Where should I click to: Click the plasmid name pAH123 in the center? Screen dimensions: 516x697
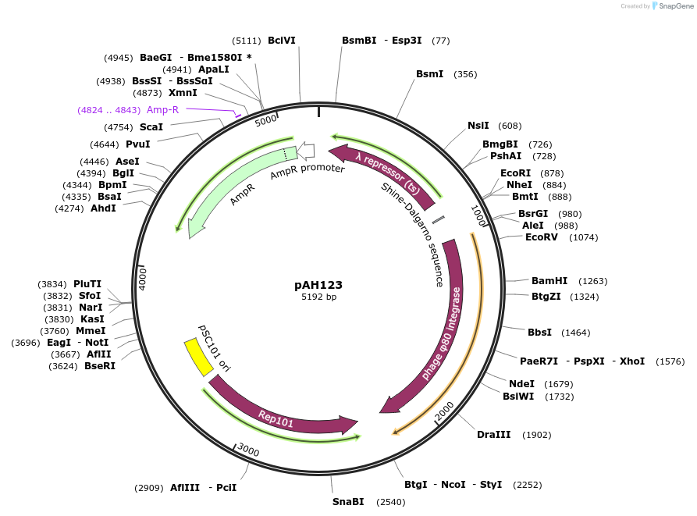(318, 285)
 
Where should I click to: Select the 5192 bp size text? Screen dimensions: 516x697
(318, 297)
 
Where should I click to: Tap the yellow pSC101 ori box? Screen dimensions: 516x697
(198, 357)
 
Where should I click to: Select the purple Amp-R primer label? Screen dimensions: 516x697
(162, 110)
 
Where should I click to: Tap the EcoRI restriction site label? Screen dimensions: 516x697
(515, 173)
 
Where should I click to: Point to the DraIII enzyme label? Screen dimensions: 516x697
(493, 435)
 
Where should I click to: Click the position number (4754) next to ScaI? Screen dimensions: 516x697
(119, 127)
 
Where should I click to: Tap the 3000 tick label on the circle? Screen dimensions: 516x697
(249, 450)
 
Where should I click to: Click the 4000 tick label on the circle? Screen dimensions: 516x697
(143, 279)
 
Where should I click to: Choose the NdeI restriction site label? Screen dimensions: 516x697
(521, 383)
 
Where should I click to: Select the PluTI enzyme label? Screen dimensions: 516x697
(87, 284)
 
